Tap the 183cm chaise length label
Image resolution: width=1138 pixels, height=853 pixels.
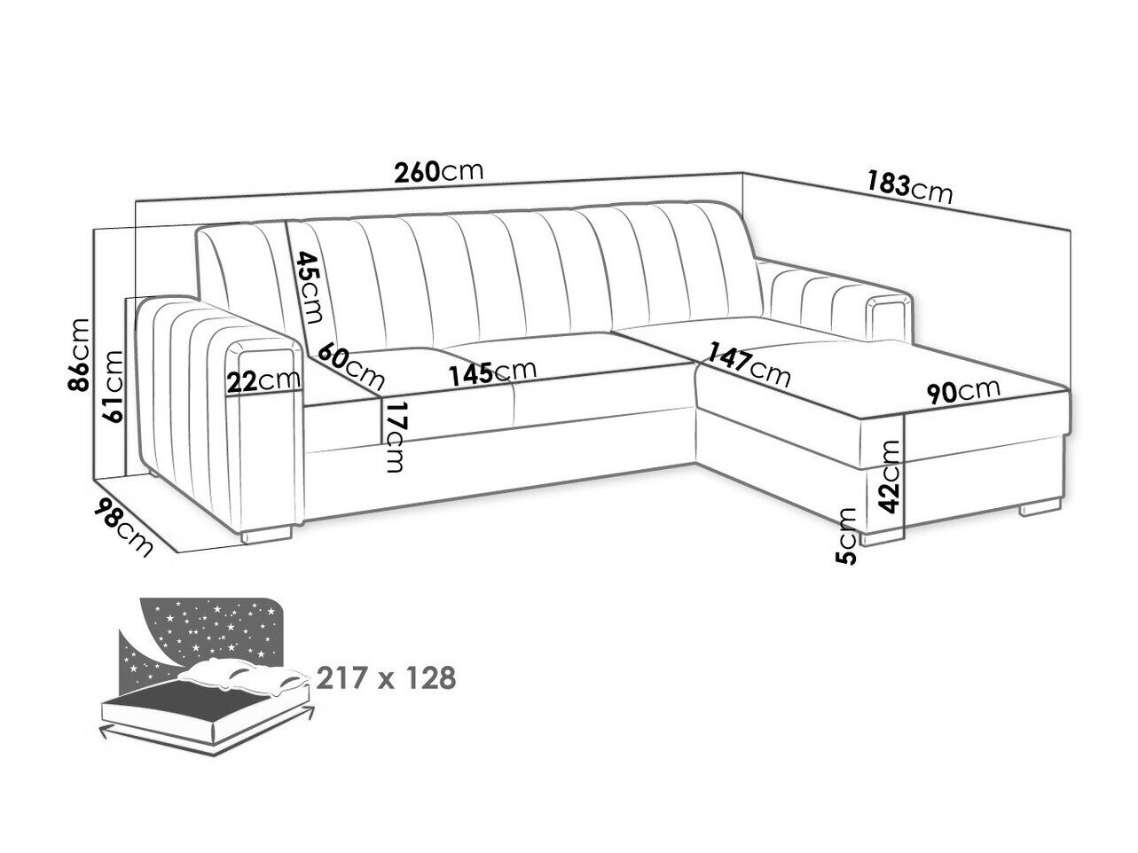point(909,188)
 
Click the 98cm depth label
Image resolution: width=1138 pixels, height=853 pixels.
point(123,527)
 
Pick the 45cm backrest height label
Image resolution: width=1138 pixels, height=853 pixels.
point(309,286)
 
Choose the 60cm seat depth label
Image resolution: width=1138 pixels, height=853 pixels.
point(351,365)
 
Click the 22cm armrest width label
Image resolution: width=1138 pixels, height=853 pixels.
point(264,381)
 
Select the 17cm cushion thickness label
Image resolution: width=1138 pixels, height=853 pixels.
point(394,436)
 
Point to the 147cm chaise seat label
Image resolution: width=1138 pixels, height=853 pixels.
point(749,364)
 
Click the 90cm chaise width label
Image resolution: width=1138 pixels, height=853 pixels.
point(963,392)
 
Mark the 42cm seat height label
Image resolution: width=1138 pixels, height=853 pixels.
point(889,476)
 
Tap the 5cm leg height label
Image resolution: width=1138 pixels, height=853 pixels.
point(845,536)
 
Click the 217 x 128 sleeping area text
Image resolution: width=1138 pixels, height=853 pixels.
point(386,677)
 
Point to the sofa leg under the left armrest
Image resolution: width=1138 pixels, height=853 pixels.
point(266,535)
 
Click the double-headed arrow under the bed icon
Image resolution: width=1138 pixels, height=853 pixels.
point(208,736)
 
